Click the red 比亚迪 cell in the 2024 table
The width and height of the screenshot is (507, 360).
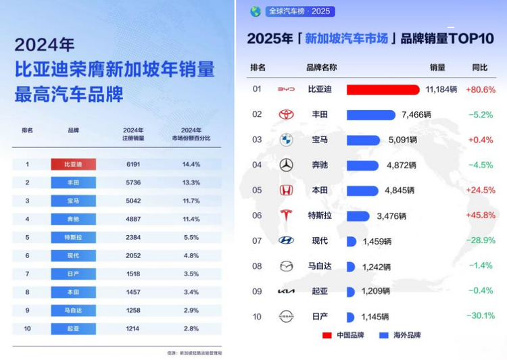click(x=73, y=164)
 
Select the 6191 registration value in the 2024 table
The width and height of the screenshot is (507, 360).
click(x=133, y=164)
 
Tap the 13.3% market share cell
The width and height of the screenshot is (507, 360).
click(x=191, y=182)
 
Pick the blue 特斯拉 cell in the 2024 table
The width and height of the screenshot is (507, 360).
click(x=73, y=237)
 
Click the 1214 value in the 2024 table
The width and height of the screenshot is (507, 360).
click(x=133, y=328)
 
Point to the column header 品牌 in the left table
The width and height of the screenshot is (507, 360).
click(x=73, y=130)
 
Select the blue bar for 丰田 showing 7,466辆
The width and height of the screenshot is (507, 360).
click(x=370, y=115)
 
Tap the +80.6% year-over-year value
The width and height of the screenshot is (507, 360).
click(x=481, y=89)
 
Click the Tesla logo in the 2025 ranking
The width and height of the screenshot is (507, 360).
click(x=287, y=215)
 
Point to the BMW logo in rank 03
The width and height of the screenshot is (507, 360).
click(x=287, y=140)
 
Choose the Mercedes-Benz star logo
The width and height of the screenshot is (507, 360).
click(x=287, y=165)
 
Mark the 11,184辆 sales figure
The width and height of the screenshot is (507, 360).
click(x=441, y=89)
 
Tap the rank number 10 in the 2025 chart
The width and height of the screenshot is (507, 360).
click(x=256, y=316)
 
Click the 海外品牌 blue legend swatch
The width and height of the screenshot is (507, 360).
click(x=383, y=335)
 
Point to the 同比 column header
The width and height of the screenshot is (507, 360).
click(x=480, y=68)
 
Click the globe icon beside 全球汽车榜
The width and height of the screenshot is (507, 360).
click(x=256, y=11)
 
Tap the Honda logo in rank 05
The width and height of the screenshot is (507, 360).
click(x=287, y=190)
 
